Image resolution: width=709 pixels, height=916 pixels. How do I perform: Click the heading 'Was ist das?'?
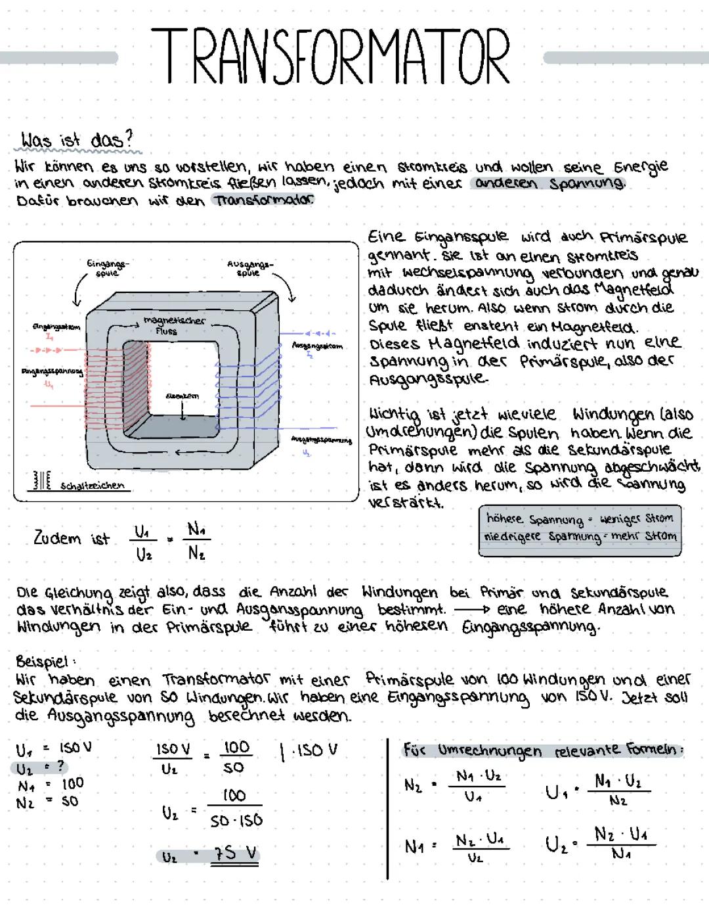(x=77, y=140)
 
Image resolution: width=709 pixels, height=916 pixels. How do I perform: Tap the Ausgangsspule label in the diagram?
(x=249, y=267)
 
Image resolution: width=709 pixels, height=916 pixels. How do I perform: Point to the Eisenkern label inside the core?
(x=182, y=396)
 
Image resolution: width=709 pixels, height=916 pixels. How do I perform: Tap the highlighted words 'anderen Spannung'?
(x=549, y=183)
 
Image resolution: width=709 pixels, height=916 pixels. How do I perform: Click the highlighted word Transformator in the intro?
(x=263, y=200)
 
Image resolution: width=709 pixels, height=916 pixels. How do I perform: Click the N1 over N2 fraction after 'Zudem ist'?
(x=197, y=541)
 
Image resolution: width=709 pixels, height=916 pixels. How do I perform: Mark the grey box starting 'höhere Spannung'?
(x=580, y=530)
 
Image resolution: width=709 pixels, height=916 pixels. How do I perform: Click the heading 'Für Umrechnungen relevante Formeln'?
(x=543, y=750)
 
